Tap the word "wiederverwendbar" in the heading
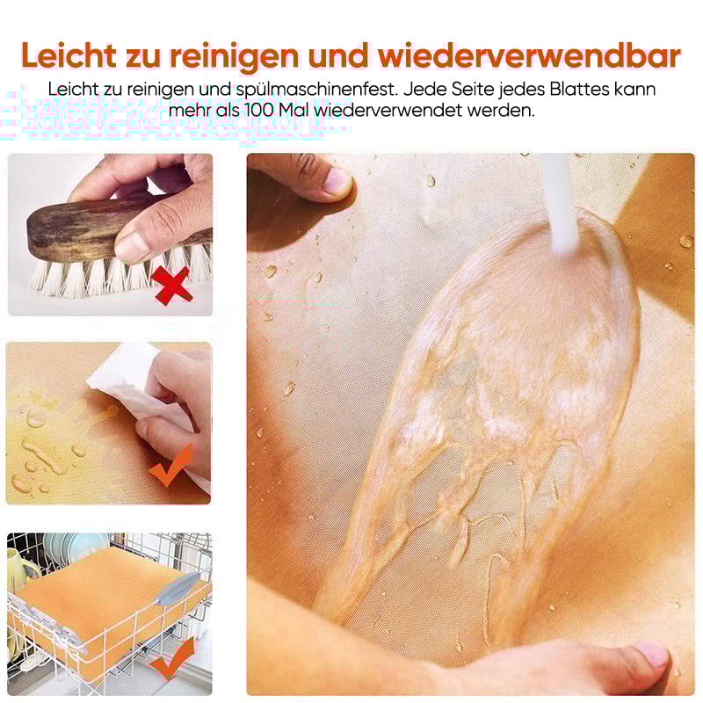530,55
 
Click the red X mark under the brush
174,286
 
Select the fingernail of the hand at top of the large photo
336,181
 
